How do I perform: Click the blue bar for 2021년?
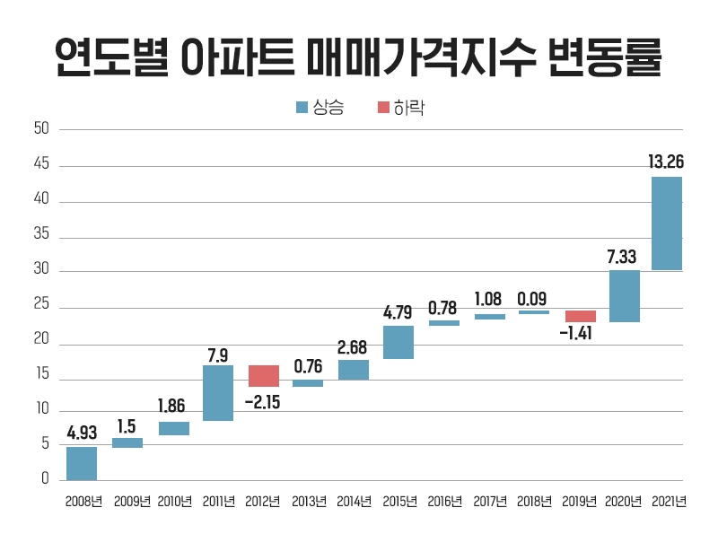(667, 223)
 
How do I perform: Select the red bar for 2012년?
(263, 376)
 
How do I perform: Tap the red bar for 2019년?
(580, 316)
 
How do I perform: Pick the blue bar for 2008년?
(82, 463)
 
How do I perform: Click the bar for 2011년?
(218, 393)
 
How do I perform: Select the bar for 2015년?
(398, 342)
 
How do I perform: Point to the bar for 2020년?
(624, 296)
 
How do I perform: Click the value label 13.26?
(666, 162)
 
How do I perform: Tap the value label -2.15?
(263, 401)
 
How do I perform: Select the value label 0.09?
(533, 298)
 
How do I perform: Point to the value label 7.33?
(623, 257)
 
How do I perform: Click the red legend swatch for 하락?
(383, 108)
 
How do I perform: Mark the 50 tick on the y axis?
(41, 129)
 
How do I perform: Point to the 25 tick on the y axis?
(41, 308)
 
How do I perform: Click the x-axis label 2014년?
(354, 502)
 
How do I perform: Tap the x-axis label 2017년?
(490, 502)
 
